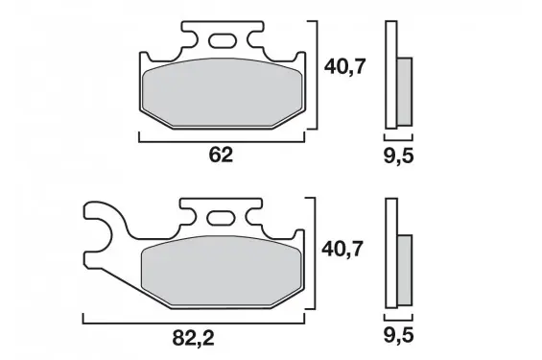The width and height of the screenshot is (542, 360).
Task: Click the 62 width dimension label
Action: pos(221,155)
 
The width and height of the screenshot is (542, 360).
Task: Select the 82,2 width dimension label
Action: pos(193,338)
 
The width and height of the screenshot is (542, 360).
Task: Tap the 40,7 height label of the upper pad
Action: pos(344,67)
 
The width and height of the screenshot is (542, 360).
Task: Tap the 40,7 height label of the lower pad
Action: pos(342,249)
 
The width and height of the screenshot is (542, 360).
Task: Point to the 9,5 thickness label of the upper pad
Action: pos(398,156)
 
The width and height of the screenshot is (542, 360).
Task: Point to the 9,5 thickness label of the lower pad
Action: pos(398,336)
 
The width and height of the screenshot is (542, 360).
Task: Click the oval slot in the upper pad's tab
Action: pos(223,40)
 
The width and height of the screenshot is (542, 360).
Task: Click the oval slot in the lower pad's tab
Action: pos(220,218)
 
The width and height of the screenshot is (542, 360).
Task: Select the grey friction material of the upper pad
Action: pos(223,93)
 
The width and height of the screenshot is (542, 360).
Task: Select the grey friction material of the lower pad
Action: pos(222,271)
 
